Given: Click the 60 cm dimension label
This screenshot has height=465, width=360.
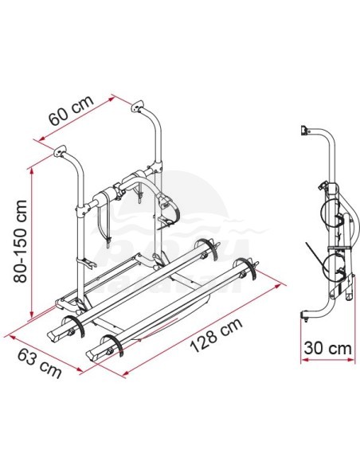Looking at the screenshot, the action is point(71,110).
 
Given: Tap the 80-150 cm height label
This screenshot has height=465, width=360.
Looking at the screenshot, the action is point(21,241).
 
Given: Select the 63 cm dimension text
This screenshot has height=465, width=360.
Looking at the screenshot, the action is point(40,364).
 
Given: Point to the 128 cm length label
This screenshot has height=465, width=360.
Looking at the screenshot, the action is point(216,335).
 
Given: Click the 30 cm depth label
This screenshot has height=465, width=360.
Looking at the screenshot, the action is point(327,348).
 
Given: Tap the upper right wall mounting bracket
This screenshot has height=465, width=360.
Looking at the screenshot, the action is point(137,107).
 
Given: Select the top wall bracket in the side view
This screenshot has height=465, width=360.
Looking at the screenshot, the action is point(304,131).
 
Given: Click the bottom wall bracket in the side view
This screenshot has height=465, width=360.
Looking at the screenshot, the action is point(305,315).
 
